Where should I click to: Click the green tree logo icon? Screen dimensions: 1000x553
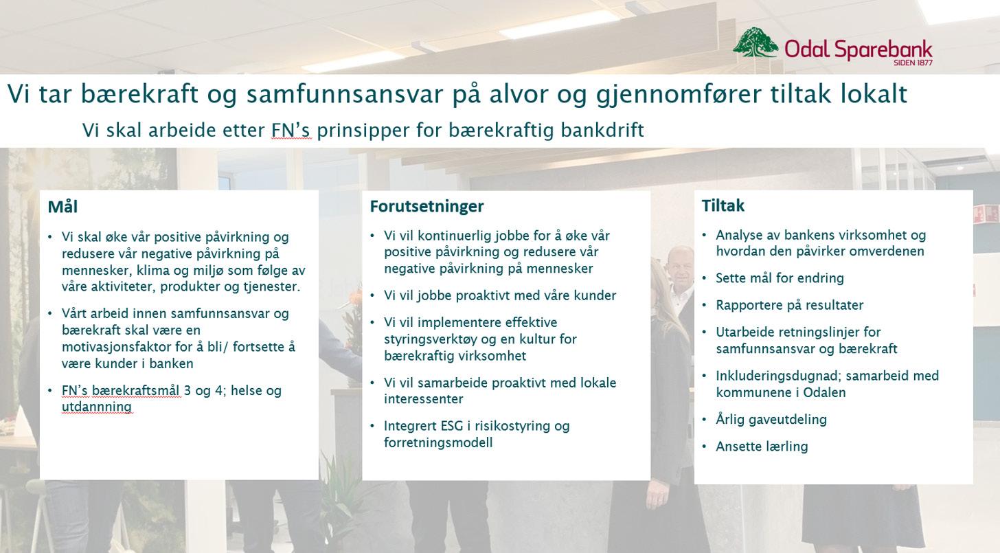coord(755,42)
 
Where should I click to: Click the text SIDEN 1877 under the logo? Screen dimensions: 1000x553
coord(913,63)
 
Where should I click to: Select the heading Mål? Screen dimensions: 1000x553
coord(62,207)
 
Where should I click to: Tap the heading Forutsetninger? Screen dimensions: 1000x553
coord(427,206)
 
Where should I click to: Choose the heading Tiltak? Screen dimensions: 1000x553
coord(723,205)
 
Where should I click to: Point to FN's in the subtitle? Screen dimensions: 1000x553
coord(291,130)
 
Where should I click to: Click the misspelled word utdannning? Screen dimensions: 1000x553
coord(96,407)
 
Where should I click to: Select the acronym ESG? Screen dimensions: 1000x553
coord(452,426)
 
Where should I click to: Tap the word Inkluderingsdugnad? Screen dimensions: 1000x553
coord(778,376)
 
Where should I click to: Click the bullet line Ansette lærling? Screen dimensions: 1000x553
coord(762,447)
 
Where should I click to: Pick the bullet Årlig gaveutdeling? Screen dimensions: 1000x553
coord(771,420)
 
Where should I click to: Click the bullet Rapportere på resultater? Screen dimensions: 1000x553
coord(789,306)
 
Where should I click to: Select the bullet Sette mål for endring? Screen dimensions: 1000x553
coord(780,278)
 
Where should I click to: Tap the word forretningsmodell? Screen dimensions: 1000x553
coord(438,442)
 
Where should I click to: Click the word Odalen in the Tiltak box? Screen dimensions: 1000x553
coord(824,393)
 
